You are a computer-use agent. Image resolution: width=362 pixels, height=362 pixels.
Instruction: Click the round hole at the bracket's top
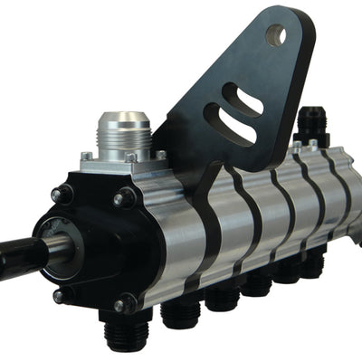tap(277, 36)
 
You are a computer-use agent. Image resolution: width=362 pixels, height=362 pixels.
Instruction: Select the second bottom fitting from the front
tap(182, 311)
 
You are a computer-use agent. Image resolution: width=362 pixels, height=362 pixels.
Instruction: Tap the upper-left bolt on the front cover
tap(62, 194)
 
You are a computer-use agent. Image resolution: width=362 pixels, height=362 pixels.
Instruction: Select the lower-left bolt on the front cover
tap(60, 295)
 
